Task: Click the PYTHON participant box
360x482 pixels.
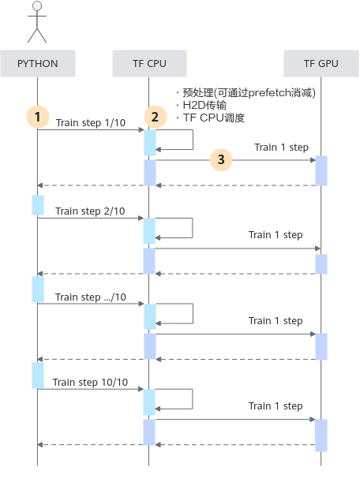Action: [x=38, y=63]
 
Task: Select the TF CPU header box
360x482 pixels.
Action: [x=149, y=63]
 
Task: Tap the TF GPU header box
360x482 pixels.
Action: [x=321, y=63]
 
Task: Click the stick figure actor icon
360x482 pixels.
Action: [x=37, y=22]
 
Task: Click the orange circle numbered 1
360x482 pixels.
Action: [x=38, y=117]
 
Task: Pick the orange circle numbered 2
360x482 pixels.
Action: [x=155, y=117]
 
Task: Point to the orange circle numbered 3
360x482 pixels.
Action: [x=221, y=160]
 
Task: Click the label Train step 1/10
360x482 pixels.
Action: [x=91, y=122]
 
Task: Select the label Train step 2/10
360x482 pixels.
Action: [x=90, y=211]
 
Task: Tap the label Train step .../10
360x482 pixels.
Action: [x=91, y=297]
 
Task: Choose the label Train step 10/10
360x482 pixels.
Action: [x=90, y=382]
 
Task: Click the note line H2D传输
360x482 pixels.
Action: [x=204, y=105]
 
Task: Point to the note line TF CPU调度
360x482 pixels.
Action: [x=213, y=118]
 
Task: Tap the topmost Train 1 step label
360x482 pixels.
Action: [x=281, y=148]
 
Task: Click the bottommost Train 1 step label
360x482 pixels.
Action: [x=276, y=406]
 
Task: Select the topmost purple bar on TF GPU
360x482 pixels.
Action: [x=321, y=170]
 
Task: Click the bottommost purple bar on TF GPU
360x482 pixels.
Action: [x=321, y=435]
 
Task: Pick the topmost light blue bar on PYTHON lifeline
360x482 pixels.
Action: [x=38, y=205]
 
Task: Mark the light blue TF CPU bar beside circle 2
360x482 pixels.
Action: [x=150, y=143]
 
